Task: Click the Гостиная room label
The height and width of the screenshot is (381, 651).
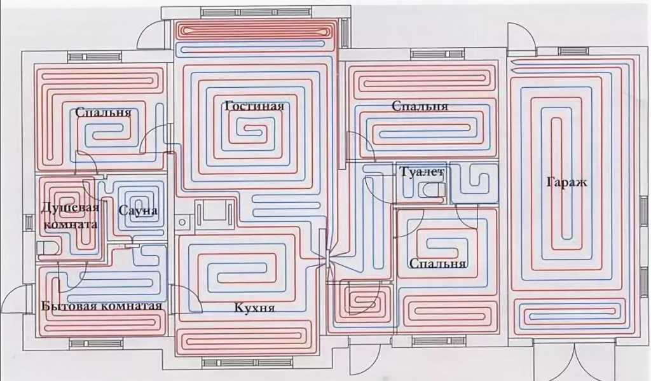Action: coord(254,106)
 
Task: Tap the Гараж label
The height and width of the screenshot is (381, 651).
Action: coord(566,183)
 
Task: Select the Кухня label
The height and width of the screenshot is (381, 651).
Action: coord(254,308)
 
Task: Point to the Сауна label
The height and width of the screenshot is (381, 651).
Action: coord(137,210)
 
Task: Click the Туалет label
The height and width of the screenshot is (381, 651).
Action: coord(422,172)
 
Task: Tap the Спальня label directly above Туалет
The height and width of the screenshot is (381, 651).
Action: coord(420,106)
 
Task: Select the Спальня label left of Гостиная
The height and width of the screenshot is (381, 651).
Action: coord(103,113)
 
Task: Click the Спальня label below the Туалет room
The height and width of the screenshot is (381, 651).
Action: coord(438,263)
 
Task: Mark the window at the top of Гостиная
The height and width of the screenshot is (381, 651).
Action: coord(256,12)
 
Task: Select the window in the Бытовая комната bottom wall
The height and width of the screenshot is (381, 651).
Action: coord(95,343)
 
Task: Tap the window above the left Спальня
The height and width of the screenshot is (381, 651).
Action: coord(94,57)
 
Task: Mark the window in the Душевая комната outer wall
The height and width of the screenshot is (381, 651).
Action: coord(29,223)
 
